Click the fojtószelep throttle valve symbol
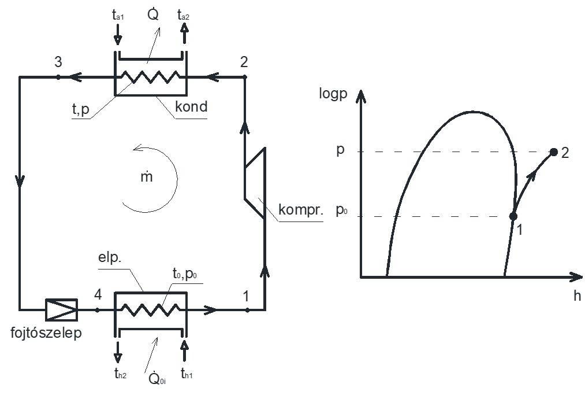(61, 309)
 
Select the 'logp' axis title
(333, 94)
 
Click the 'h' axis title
(577, 296)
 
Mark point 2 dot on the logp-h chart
(554, 152)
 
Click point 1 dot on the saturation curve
(513, 216)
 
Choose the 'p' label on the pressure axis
(340, 149)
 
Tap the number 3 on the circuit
(58, 63)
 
